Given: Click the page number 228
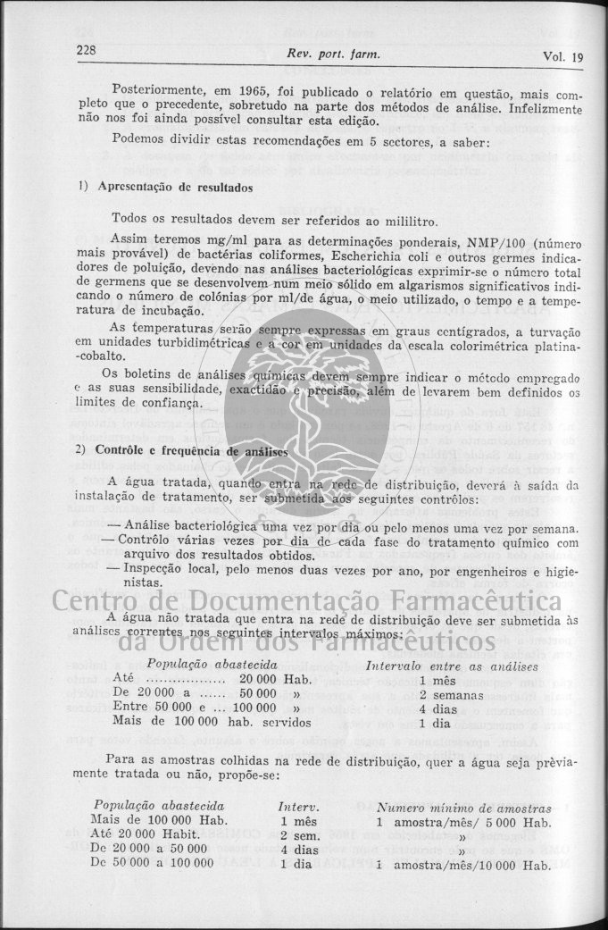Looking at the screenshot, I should click(87, 51).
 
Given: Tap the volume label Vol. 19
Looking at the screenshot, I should click(562, 57).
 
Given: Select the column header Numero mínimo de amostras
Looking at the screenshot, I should click(464, 807).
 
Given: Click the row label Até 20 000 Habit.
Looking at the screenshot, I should click(146, 835).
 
